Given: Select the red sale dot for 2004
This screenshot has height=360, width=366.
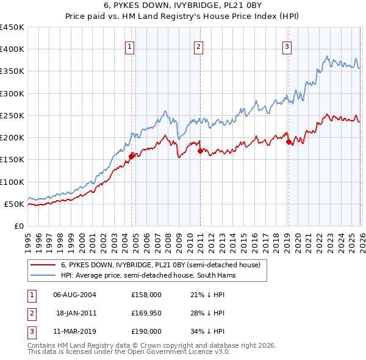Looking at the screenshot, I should (x=131, y=156).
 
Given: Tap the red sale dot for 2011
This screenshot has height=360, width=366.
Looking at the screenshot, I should (x=200, y=151).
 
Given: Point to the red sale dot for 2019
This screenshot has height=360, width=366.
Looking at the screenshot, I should (x=288, y=142).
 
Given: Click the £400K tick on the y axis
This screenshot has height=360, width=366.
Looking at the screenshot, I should (x=12, y=49).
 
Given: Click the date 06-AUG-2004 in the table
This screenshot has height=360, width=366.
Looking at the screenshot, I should (x=74, y=295).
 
